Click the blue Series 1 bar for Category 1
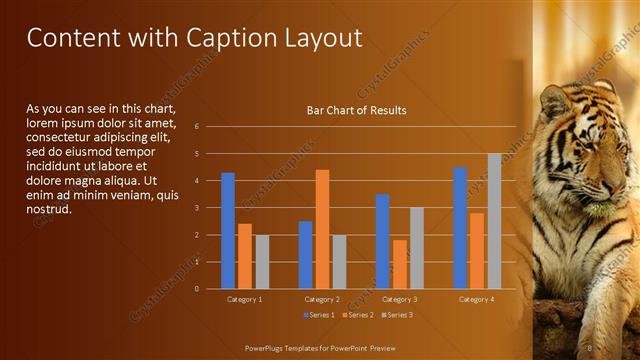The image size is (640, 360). coord(228,230)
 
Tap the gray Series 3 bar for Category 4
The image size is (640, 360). coord(494,221)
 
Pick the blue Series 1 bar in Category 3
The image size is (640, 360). coord(383,241)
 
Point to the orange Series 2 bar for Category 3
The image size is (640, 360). coord(400,264)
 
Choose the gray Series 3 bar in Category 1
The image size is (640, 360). coord(262,262)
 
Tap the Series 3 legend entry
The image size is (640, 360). coord(397,315)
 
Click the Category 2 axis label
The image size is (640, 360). coord(323,299)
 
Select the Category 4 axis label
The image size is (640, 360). coord(477,299)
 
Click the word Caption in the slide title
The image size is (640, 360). coord(226,38)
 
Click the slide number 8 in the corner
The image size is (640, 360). coord(590,347)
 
